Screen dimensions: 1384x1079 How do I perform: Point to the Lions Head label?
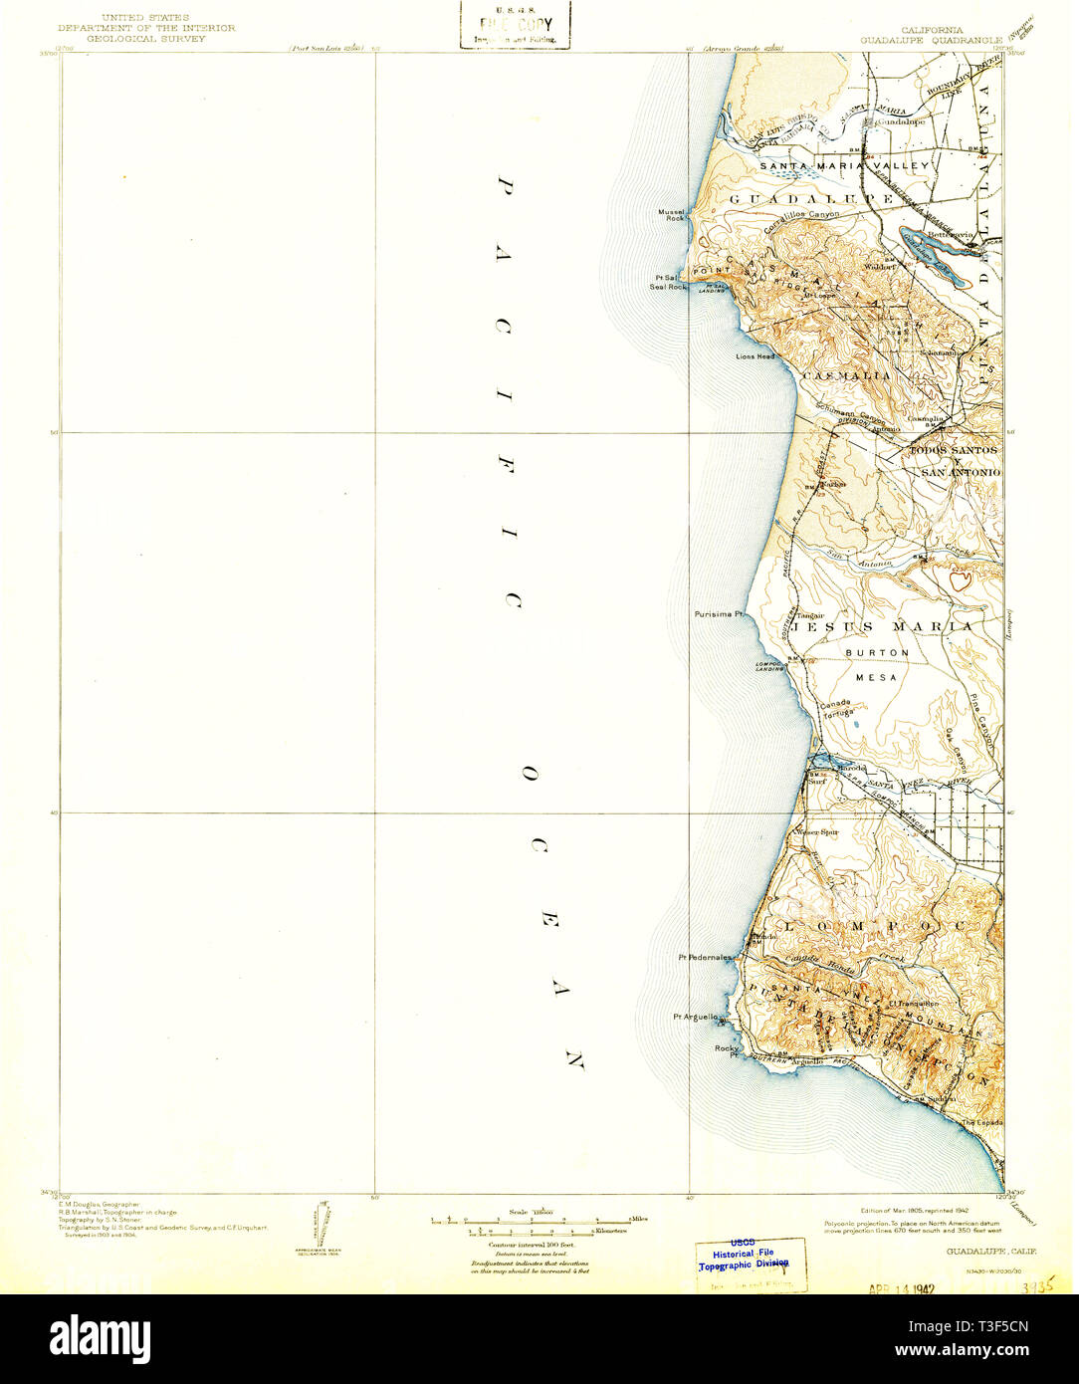click(755, 355)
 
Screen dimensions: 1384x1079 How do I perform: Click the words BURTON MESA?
click(877, 664)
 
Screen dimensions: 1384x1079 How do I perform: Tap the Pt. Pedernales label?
click(705, 957)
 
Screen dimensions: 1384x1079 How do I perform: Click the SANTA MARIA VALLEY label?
click(844, 165)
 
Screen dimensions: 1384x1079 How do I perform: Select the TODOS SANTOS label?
click(955, 451)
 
